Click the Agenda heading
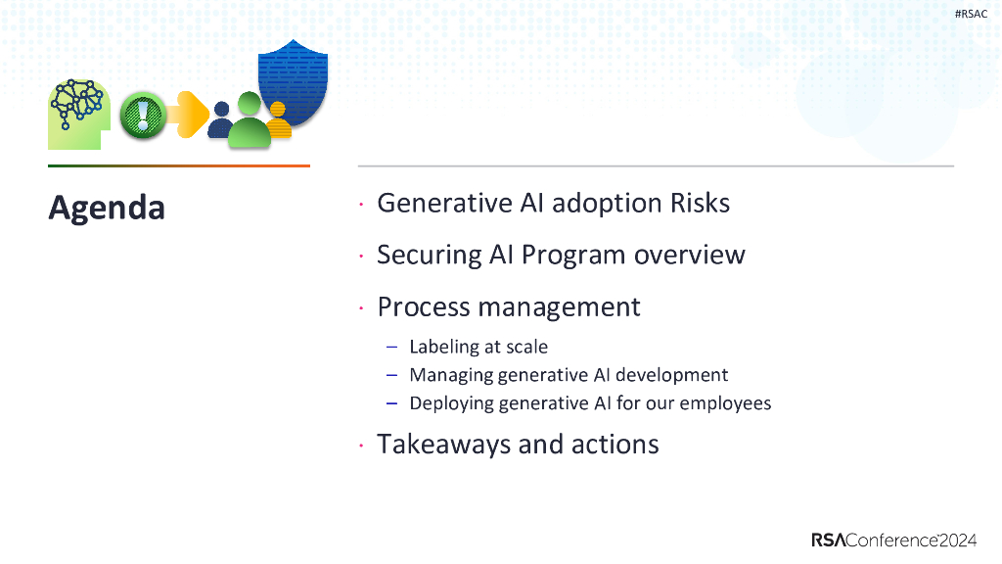pos(107,209)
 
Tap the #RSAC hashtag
pos(971,14)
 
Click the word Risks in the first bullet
pos(700,204)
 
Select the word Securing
pos(429,256)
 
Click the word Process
pos(425,306)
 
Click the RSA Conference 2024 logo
pos(894,540)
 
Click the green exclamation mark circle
pos(143,116)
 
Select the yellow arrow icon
pos(189,115)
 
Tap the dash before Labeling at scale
pos(392,348)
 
